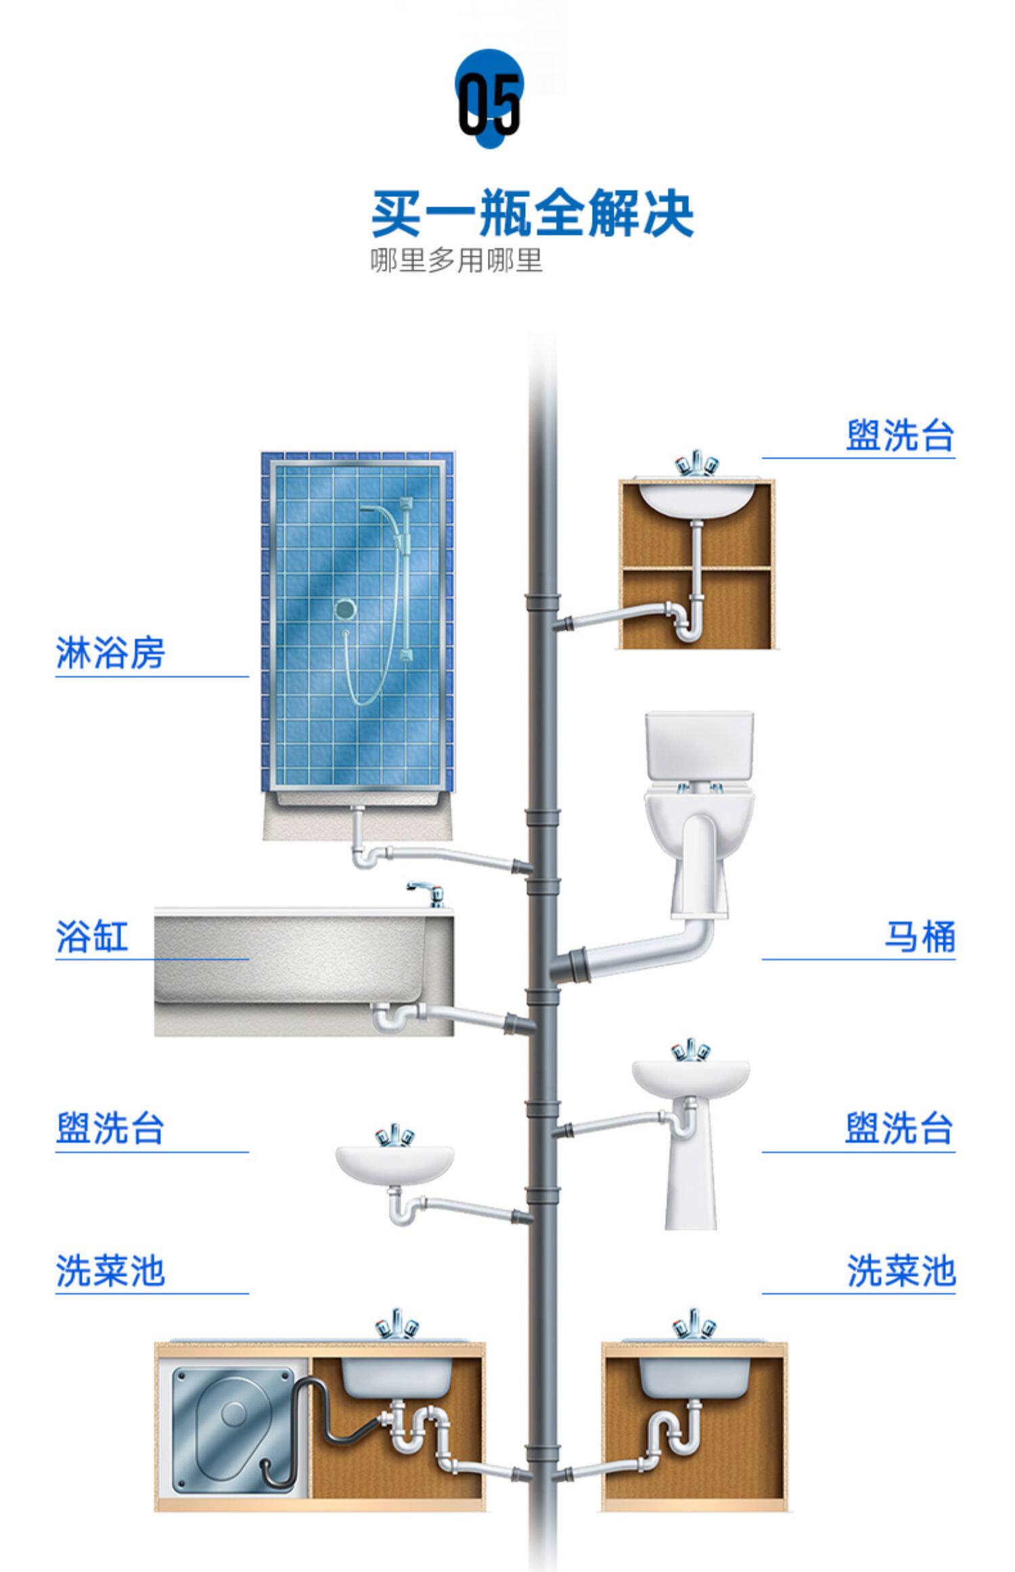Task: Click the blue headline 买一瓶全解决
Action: coord(533,213)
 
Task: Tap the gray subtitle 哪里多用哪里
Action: coord(457,261)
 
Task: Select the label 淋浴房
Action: coord(110,653)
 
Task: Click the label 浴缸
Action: coord(92,937)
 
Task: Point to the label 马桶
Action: coord(920,937)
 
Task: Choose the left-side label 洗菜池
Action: coord(110,1271)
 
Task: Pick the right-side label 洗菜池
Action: coord(901,1271)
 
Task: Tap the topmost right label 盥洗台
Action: coord(900,435)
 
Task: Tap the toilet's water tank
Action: coord(699,746)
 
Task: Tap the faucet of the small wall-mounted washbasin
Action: coord(394,1135)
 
